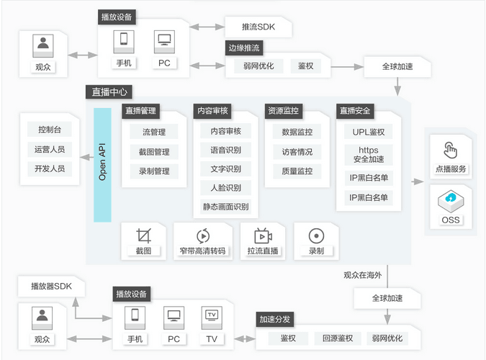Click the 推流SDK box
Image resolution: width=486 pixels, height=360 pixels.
[258, 27]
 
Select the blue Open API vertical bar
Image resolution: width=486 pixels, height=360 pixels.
[102, 165]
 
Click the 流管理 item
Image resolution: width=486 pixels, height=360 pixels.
[154, 132]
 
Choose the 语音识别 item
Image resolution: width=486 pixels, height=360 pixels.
[225, 150]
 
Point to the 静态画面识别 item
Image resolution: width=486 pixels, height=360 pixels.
[225, 207]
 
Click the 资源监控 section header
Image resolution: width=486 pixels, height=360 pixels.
[284, 112]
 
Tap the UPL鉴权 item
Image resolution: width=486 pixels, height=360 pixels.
[369, 132]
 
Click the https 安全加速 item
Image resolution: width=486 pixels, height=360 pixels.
[369, 155]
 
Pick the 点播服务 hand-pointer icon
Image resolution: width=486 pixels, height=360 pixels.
[451, 150]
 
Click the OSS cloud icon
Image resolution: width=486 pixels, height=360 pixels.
[451, 198]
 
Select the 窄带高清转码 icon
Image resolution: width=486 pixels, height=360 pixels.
[202, 235]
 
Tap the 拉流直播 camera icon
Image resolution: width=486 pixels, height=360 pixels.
[263, 235]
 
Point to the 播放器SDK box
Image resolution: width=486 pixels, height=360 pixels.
[52, 287]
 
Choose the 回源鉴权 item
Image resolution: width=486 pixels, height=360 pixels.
[336, 338]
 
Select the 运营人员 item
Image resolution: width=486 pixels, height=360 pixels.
[50, 149]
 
